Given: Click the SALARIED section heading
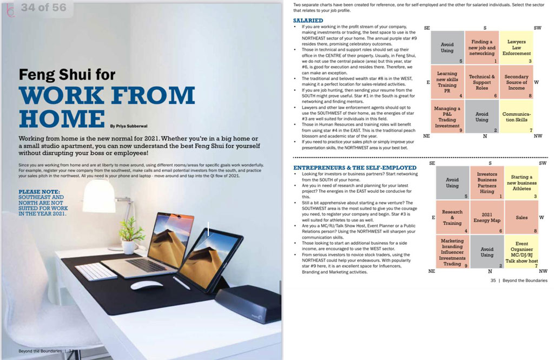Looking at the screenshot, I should coord(308,21).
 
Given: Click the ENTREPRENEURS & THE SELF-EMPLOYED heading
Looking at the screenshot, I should coord(354,168).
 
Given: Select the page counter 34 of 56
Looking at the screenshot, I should coord(44,8).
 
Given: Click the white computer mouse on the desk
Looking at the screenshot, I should coord(147,285).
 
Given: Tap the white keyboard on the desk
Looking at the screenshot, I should coord(96,271).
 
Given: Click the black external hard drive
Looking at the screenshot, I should coord(248,305).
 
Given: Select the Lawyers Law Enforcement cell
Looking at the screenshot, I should coord(516,48).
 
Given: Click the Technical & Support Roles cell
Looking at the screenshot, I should coord(482,82).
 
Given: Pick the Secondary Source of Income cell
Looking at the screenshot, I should coord(516,82).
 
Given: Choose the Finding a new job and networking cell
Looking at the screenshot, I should coord(482,48).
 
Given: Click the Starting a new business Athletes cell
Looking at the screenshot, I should coord(521,183).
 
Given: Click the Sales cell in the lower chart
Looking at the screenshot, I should coord(521,218).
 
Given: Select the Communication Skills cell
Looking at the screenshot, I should coord(516,117).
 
